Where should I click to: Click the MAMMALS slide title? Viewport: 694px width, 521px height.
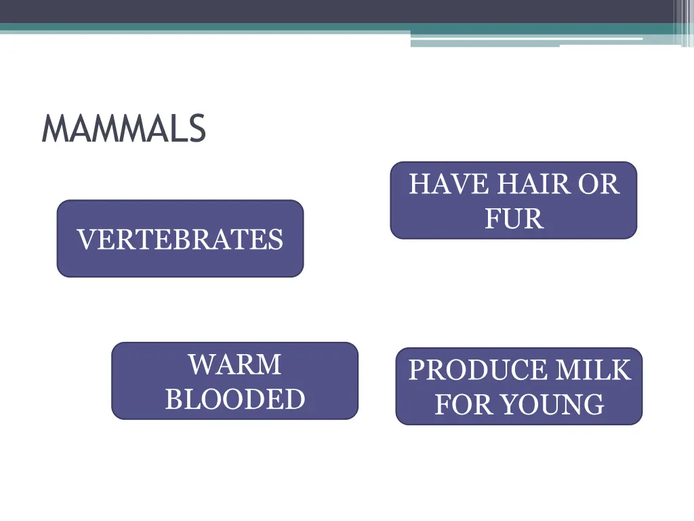click(x=123, y=129)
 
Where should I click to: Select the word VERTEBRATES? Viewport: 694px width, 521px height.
click(x=180, y=239)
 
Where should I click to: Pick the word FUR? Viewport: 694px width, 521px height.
click(x=514, y=219)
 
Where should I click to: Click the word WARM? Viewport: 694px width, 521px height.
click(x=234, y=365)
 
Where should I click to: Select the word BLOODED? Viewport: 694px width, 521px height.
click(x=234, y=399)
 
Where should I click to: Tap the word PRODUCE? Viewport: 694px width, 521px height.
click(x=477, y=370)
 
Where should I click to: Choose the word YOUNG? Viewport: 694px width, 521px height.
click(x=552, y=405)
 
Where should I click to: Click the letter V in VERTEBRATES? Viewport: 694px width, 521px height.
click(x=84, y=239)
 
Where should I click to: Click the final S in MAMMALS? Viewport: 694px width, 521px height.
click(x=197, y=129)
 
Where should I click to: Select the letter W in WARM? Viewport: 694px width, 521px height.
click(x=201, y=365)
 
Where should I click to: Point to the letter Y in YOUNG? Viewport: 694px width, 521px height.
click(x=509, y=405)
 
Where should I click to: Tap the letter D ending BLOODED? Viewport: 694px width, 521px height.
click(x=296, y=399)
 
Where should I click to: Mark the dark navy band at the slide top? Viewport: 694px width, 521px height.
click(x=339, y=11)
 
